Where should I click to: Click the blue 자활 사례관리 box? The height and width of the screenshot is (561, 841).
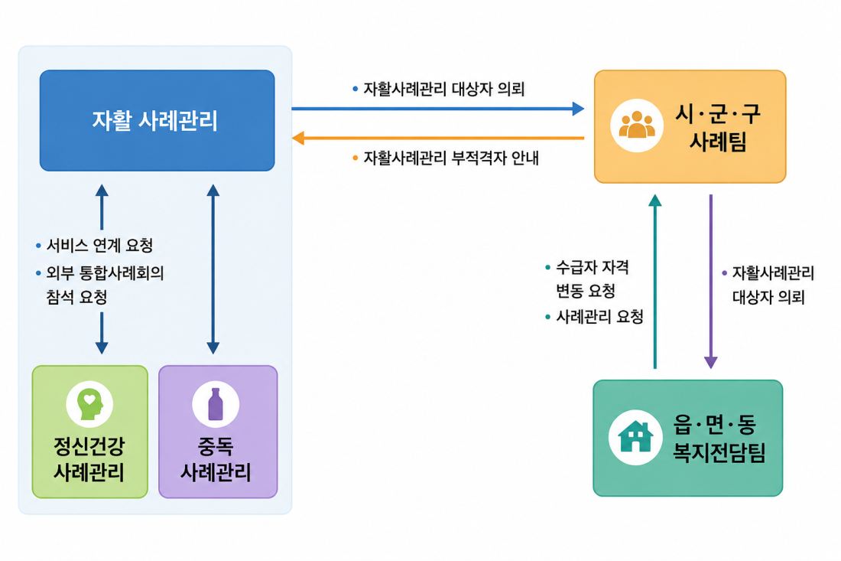(x=157, y=120)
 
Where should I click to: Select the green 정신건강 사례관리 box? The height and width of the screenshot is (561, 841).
(x=90, y=432)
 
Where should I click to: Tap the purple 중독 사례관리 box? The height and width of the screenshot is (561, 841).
(x=218, y=432)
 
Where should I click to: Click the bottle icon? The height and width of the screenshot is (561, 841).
(x=216, y=403)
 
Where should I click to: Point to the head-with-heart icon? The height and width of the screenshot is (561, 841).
(x=89, y=403)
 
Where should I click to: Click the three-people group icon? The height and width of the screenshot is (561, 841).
(x=637, y=125)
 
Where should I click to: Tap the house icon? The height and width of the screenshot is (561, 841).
(x=635, y=436)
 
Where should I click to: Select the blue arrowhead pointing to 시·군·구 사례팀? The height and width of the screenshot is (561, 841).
(x=578, y=109)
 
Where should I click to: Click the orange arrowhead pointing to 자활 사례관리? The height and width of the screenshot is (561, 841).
(x=298, y=138)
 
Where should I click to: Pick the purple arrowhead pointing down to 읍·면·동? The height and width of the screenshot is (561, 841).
(x=711, y=362)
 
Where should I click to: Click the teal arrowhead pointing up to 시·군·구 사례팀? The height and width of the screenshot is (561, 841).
(x=655, y=201)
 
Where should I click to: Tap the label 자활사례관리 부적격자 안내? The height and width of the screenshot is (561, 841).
(x=451, y=158)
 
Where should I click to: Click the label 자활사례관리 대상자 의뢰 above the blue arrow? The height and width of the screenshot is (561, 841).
(x=444, y=89)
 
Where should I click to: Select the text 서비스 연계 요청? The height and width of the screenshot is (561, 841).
(x=99, y=246)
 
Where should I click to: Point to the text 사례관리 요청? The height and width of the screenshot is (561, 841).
(x=599, y=317)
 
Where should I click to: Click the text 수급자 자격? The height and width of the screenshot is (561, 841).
(x=592, y=267)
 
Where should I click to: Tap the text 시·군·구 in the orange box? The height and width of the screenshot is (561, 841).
(x=718, y=113)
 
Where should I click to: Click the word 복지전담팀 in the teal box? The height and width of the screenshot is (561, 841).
(x=719, y=452)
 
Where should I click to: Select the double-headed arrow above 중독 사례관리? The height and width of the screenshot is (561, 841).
(x=213, y=269)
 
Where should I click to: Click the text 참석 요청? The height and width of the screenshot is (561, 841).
(x=76, y=297)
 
